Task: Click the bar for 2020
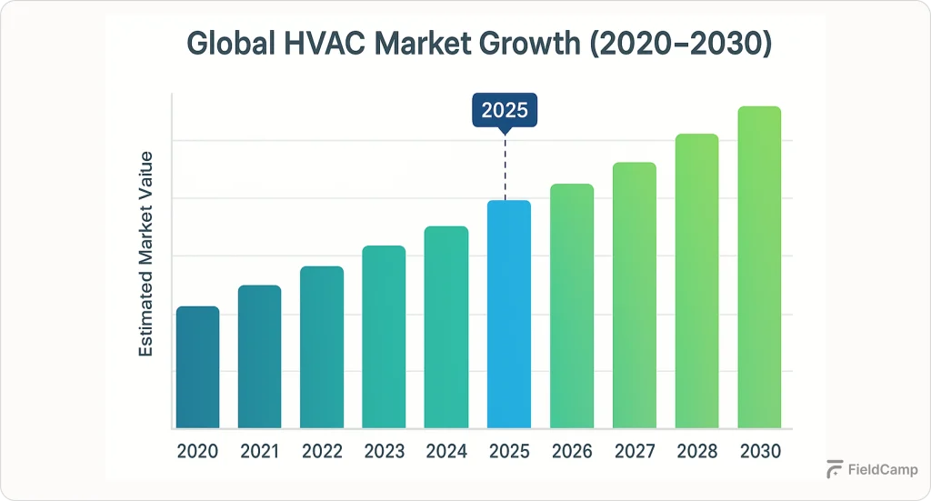click(197, 367)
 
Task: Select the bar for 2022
click(322, 347)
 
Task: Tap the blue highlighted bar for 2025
click(508, 315)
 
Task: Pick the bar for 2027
click(634, 296)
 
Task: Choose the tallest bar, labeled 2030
click(758, 267)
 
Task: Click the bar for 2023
click(384, 337)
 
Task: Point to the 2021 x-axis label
click(259, 451)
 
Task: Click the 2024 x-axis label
click(445, 451)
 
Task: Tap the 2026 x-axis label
click(571, 451)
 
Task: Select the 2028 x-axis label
click(696, 451)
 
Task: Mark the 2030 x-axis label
click(758, 451)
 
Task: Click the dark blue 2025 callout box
click(505, 111)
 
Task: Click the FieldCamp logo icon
click(834, 470)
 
